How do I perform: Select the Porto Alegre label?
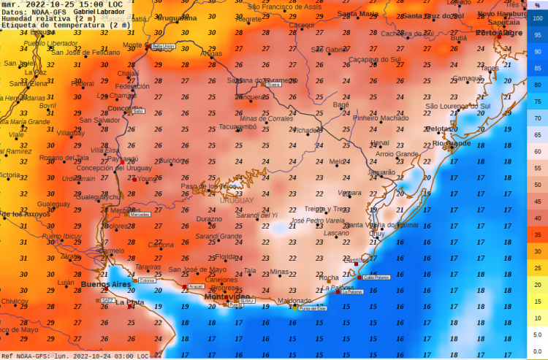click(499, 33)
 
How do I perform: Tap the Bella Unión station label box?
click(163, 46)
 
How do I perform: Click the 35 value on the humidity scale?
click(538, 235)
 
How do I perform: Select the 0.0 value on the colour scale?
click(538, 351)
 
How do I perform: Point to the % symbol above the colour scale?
click(537, 5)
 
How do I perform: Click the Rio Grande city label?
click(452, 143)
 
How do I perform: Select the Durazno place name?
click(209, 218)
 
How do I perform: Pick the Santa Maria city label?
click(358, 13)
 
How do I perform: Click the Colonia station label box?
click(148, 280)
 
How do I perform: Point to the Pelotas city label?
click(440, 129)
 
